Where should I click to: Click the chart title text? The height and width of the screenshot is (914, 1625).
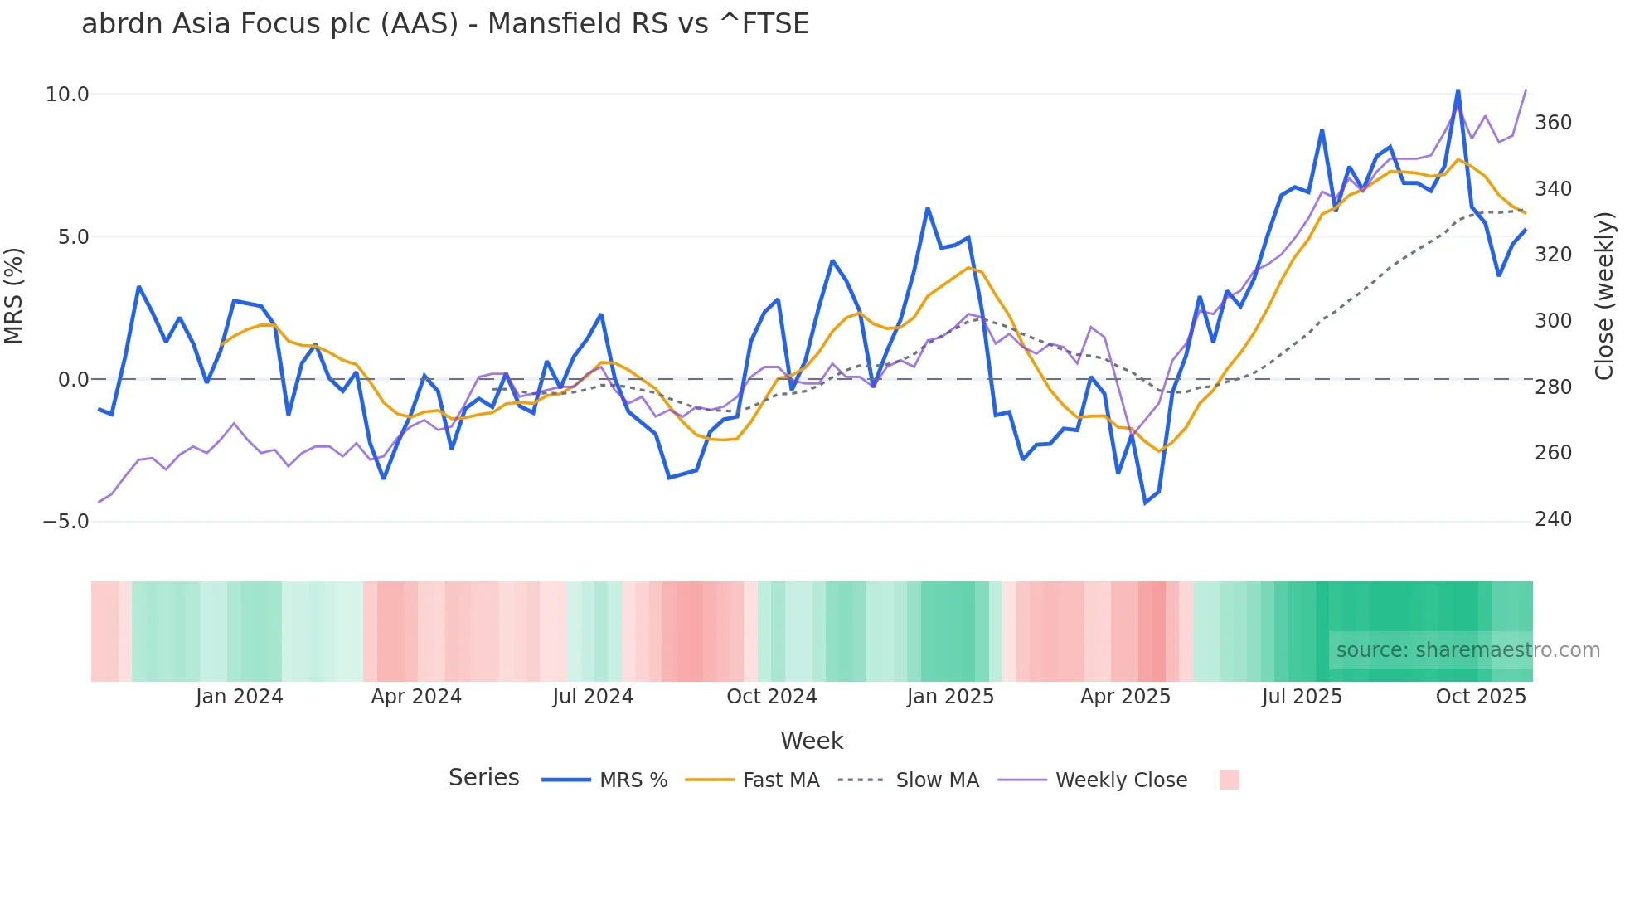point(445,24)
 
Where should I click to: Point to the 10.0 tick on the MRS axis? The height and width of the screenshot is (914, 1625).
point(67,95)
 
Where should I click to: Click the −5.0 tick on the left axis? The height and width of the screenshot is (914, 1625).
point(65,522)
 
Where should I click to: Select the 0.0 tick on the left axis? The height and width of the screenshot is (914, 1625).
point(73,380)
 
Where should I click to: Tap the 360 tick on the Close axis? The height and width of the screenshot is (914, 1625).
point(1553,123)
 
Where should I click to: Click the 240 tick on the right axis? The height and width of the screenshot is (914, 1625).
point(1553,519)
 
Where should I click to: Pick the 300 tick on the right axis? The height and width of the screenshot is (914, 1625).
point(1553,321)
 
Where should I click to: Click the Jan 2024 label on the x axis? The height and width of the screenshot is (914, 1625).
point(239,697)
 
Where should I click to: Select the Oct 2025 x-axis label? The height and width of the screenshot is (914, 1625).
point(1481,697)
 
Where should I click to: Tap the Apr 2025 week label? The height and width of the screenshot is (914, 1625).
point(1125,697)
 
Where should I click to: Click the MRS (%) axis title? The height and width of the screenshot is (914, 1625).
point(14,295)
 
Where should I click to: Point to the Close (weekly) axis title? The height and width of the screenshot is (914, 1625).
point(1604,295)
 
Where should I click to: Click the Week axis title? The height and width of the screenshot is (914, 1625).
point(812,741)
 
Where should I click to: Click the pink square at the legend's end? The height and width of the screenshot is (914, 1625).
point(1230,780)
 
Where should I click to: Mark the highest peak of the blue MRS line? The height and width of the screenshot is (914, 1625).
point(1458,90)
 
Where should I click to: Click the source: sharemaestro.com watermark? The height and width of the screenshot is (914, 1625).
point(1467,650)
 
